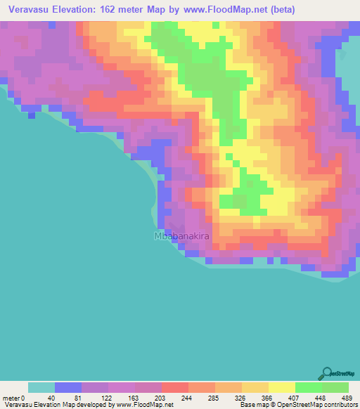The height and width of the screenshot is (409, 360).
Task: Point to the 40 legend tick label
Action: [x=51, y=397]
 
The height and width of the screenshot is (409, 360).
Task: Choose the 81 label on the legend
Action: [x=78, y=397]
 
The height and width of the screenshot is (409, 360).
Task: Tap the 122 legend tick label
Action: [x=105, y=397]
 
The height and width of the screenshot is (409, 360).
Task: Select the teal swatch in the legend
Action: [x=41, y=387]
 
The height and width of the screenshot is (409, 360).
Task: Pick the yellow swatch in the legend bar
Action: [x=282, y=387]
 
